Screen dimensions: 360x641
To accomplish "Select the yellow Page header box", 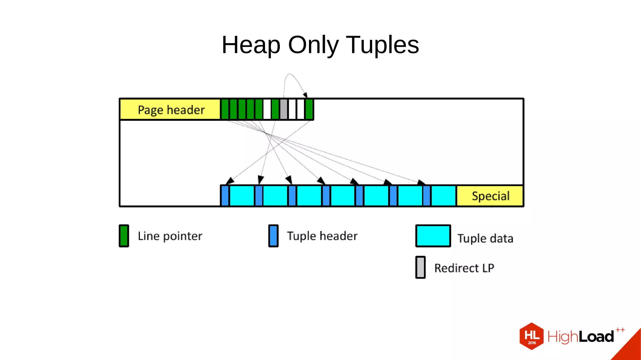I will pyautogui.click(x=170, y=110).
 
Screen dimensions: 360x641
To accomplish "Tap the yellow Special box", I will pyautogui.click(x=490, y=196).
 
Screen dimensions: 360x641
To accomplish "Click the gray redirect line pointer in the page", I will pyautogui.click(x=284, y=109).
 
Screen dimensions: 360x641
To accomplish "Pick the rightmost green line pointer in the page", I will pyautogui.click(x=309, y=109).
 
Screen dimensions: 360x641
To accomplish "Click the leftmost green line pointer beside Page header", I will pyautogui.click(x=225, y=109).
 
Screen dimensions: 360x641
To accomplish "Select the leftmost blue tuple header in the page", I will pyautogui.click(x=225, y=196).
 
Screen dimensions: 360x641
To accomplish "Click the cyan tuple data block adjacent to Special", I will pyautogui.click(x=443, y=196).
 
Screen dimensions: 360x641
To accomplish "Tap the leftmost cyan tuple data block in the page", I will pyautogui.click(x=242, y=196).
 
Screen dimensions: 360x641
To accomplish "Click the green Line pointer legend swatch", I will pyautogui.click(x=124, y=236).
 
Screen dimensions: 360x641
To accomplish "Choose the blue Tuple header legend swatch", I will pyautogui.click(x=273, y=236).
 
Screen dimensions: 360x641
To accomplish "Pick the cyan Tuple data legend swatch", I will pyautogui.click(x=433, y=236).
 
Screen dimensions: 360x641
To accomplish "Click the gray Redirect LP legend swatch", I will pyautogui.click(x=420, y=267).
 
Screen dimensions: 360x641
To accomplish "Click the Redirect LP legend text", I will pyautogui.click(x=464, y=268).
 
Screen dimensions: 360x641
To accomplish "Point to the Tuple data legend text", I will pyautogui.click(x=485, y=239).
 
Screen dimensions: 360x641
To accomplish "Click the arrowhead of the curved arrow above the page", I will pyautogui.click(x=305, y=95).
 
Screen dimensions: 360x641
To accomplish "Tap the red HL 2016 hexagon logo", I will pyautogui.click(x=531, y=336).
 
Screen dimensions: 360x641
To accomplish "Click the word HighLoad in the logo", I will pyautogui.click(x=580, y=337).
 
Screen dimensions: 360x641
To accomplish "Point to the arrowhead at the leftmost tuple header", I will pyautogui.click(x=230, y=181).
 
